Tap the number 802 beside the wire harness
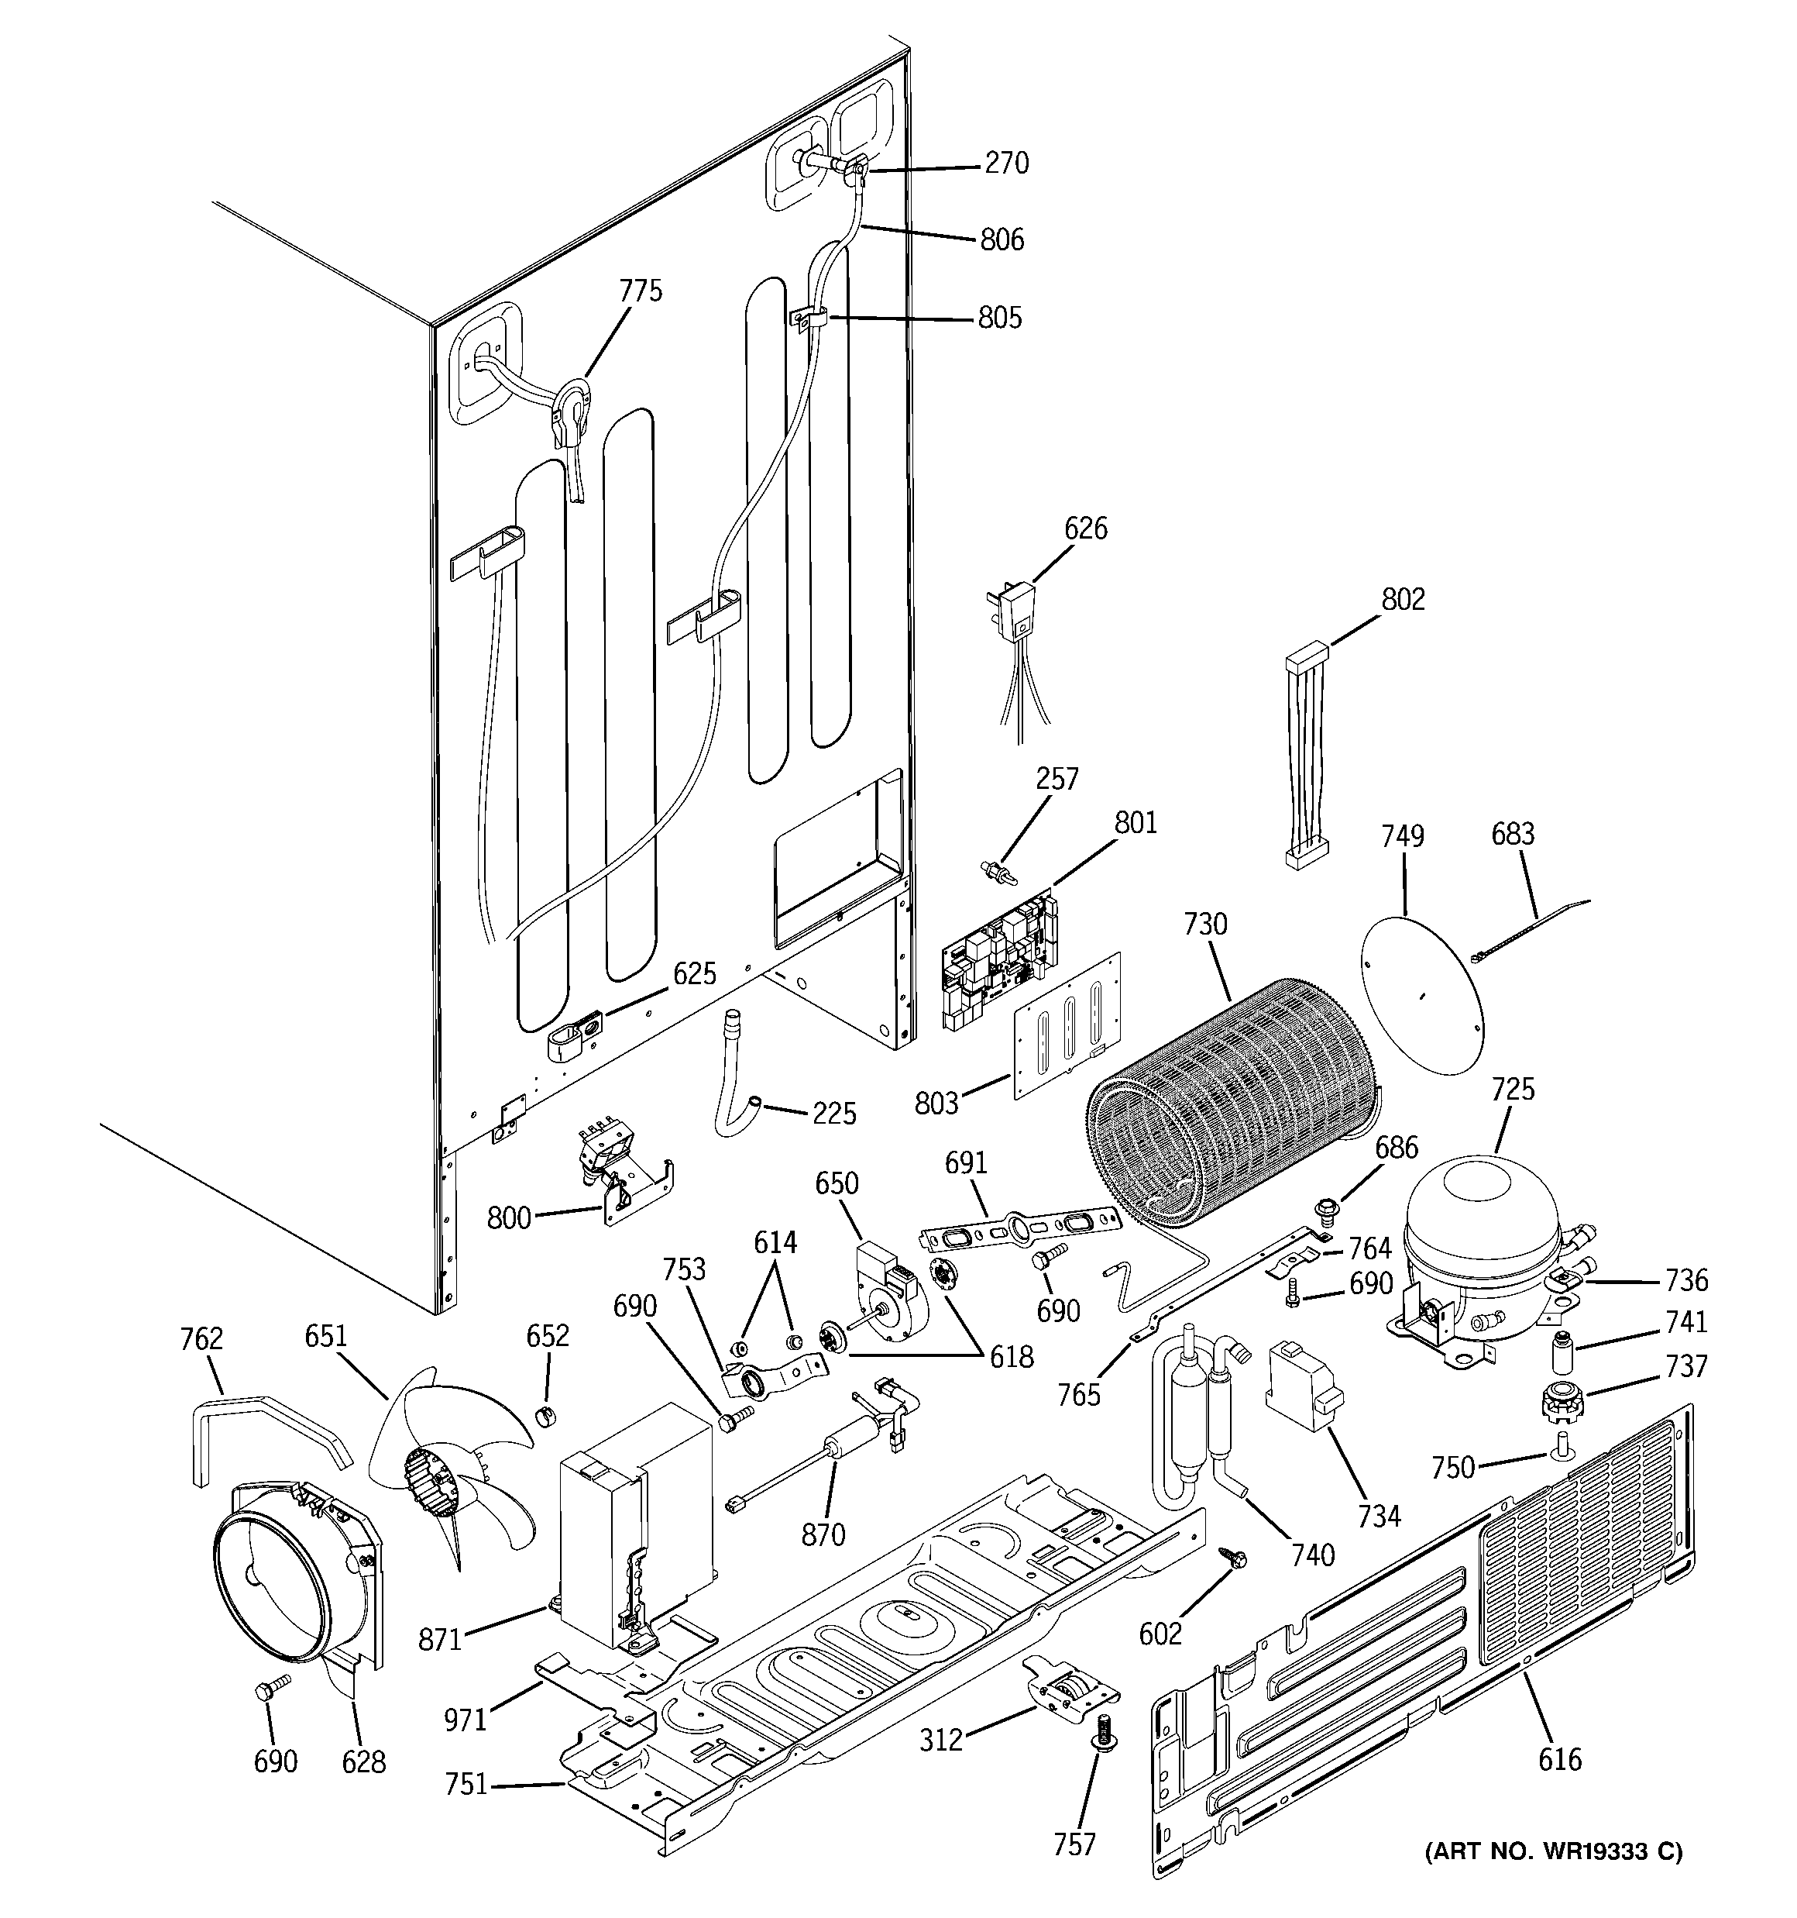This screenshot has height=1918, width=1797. (x=1403, y=599)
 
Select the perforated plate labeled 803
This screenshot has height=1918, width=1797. (x=1068, y=1024)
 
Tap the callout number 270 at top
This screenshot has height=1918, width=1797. (x=1006, y=163)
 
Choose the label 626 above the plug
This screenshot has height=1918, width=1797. (x=1085, y=528)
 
